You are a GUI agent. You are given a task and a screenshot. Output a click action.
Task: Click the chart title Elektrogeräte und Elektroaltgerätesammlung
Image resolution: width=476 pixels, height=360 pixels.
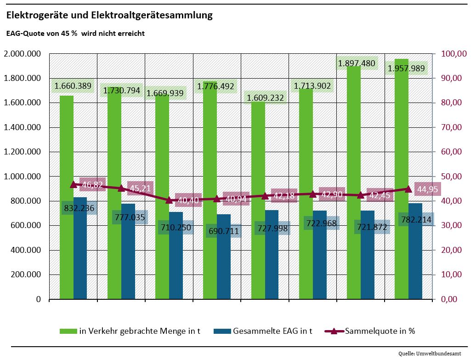(x=109, y=16)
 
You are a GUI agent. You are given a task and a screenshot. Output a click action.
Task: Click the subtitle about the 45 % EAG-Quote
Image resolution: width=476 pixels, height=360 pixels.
(x=75, y=34)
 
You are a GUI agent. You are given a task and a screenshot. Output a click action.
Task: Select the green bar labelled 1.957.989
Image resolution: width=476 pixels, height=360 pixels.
(x=402, y=184)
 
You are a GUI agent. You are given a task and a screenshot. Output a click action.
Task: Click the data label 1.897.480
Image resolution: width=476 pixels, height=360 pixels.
(x=357, y=63)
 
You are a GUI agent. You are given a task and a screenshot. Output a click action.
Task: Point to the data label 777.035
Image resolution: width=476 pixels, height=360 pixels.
(x=127, y=217)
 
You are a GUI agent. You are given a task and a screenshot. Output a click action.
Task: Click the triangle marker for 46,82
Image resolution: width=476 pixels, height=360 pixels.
(x=74, y=184)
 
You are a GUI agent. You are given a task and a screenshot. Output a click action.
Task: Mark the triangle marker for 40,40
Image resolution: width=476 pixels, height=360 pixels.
(x=169, y=200)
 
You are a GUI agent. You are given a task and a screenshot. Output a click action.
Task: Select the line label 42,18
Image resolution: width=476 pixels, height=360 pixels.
(x=284, y=196)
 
